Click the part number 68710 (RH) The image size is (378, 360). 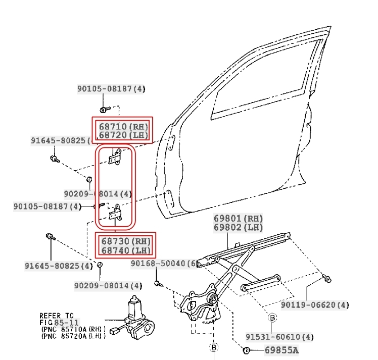pyautogui.click(x=123, y=126)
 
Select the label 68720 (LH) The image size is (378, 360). pyautogui.click(x=123, y=135)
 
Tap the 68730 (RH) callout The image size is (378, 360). pyautogui.click(x=126, y=241)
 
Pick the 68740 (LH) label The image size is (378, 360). pyautogui.click(x=126, y=250)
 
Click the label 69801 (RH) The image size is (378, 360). pyautogui.click(x=238, y=219)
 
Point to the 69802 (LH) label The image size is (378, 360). pyautogui.click(x=238, y=227)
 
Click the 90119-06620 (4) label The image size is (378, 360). pyautogui.click(x=315, y=305)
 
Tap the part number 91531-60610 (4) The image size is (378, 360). pyautogui.click(x=279, y=337)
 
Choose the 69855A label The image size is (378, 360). pyautogui.click(x=281, y=350)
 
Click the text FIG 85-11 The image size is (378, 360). pyautogui.click(x=59, y=323)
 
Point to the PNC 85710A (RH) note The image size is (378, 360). pyautogui.click(x=73, y=329)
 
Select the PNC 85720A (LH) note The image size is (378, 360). pyautogui.click(x=73, y=336)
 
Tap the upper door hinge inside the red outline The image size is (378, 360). pyautogui.click(x=115, y=157)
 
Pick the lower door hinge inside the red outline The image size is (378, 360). pyautogui.click(x=116, y=213)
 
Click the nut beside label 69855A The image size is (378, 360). pyautogui.click(x=246, y=350)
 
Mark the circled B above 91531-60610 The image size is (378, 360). pyautogui.click(x=272, y=318)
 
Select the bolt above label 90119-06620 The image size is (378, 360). pyautogui.click(x=327, y=278)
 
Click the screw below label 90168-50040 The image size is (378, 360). pyautogui.click(x=159, y=284)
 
